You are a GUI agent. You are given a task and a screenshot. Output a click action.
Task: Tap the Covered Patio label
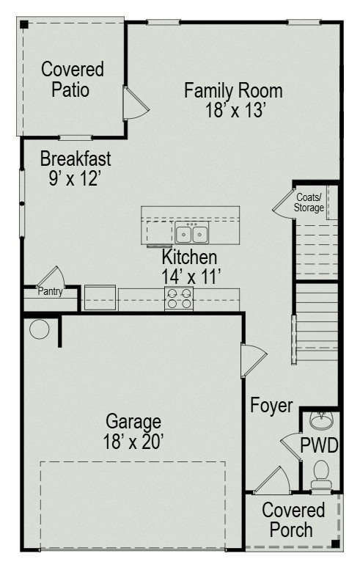[x=73, y=79]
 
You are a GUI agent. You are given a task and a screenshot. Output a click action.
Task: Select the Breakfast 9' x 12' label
[x=76, y=168]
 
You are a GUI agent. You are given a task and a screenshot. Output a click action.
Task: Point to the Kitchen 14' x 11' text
[x=191, y=267]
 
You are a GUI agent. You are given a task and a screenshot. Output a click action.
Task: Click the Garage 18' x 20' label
[x=133, y=432]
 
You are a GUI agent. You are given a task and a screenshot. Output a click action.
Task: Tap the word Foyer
[x=271, y=406]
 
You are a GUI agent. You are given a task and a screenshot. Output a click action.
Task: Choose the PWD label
[x=319, y=445]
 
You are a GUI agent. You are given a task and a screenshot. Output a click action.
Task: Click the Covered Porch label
[x=293, y=520]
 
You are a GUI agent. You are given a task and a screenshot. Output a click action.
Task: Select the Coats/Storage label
[x=309, y=202]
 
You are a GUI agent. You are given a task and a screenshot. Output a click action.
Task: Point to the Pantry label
[x=50, y=291]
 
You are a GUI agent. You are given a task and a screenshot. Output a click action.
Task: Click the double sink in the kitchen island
[x=192, y=233]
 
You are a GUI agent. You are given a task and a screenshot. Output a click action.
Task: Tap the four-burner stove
[x=179, y=299]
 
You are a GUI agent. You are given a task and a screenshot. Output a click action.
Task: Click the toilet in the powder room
[x=321, y=474]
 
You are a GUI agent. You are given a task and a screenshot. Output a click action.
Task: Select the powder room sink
[x=321, y=420]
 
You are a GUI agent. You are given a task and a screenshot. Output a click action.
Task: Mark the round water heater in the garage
[x=39, y=329]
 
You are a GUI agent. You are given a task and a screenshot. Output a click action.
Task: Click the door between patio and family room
[x=136, y=103]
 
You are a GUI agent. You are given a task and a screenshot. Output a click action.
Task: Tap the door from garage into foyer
[x=253, y=360]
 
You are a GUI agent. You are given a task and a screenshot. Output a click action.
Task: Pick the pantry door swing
[x=51, y=277]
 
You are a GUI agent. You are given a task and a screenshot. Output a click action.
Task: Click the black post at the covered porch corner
[x=335, y=544]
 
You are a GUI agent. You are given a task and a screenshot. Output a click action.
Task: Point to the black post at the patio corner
[x=24, y=25]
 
